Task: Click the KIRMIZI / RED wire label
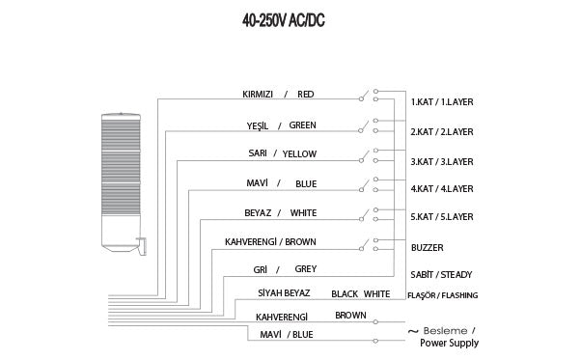tap(278, 95)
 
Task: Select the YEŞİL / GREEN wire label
tap(281, 125)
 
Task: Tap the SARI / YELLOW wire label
tap(282, 153)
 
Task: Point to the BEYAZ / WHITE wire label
tap(280, 212)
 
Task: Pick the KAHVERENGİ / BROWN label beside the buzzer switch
tap(270, 241)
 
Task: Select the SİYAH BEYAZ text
tap(282, 293)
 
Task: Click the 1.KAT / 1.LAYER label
tap(442, 101)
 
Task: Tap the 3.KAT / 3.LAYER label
tap(442, 161)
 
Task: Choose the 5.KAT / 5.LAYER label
tap(442, 218)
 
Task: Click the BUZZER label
tap(428, 247)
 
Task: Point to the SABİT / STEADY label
tap(441, 275)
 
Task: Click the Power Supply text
tap(449, 343)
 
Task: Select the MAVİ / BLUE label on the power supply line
tap(287, 335)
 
